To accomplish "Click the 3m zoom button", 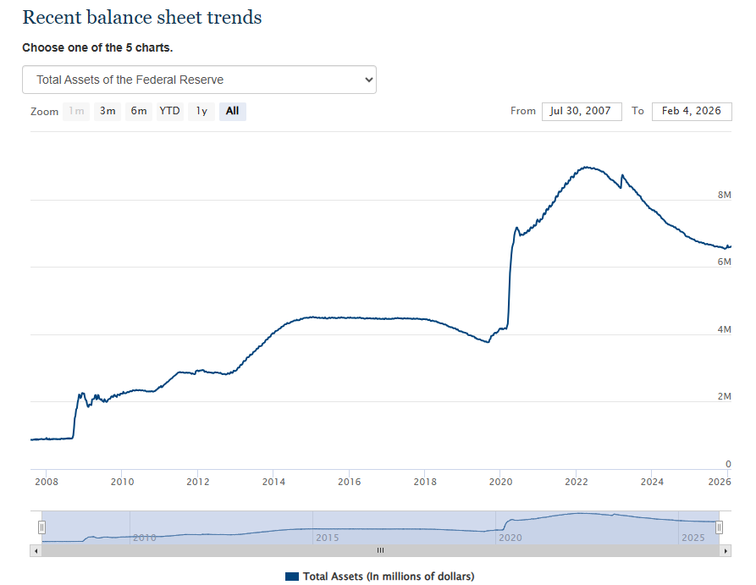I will (108, 111).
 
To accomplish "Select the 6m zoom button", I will (139, 111).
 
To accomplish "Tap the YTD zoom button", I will (170, 111).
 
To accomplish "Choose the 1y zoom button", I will (201, 111).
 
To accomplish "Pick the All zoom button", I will (233, 111).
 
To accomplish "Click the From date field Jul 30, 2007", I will (582, 112).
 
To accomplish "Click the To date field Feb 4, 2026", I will (692, 112).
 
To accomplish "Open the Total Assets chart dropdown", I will (199, 80).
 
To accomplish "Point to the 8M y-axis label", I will (724, 195).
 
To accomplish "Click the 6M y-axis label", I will (724, 262).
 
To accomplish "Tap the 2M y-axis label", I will (724, 397).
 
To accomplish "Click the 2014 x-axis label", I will (273, 483).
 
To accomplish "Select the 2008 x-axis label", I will (47, 483).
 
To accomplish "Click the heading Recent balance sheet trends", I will (142, 18).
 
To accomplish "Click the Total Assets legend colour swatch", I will (292, 577).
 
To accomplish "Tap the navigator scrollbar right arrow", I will (726, 550).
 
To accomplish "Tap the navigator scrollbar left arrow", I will (36, 550).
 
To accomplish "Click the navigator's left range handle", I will (41, 527).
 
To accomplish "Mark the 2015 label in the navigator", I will (327, 538).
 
